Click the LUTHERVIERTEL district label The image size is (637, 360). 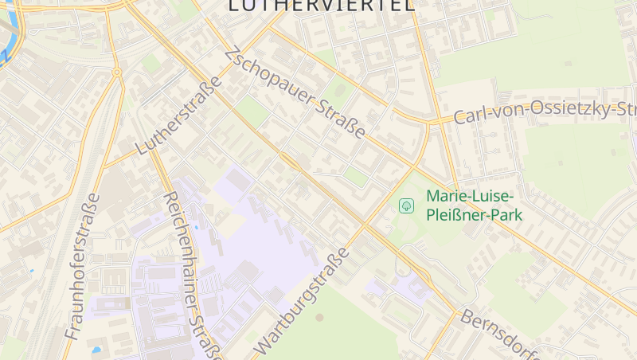tap(321, 6)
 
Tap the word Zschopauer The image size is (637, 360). tap(270, 83)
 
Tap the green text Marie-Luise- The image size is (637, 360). tap(471, 196)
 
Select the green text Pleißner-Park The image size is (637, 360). tap(474, 214)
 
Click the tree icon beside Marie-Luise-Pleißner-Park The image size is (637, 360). tap(407, 206)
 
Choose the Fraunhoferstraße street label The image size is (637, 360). tap(83, 266)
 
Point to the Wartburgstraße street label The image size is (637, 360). tap(303, 301)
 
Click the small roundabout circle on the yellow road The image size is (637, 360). tap(117, 72)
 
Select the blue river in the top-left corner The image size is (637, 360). tap(8, 40)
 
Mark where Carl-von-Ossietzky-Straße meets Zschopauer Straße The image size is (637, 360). tap(429, 123)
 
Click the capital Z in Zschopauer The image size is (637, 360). tap(232, 55)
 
